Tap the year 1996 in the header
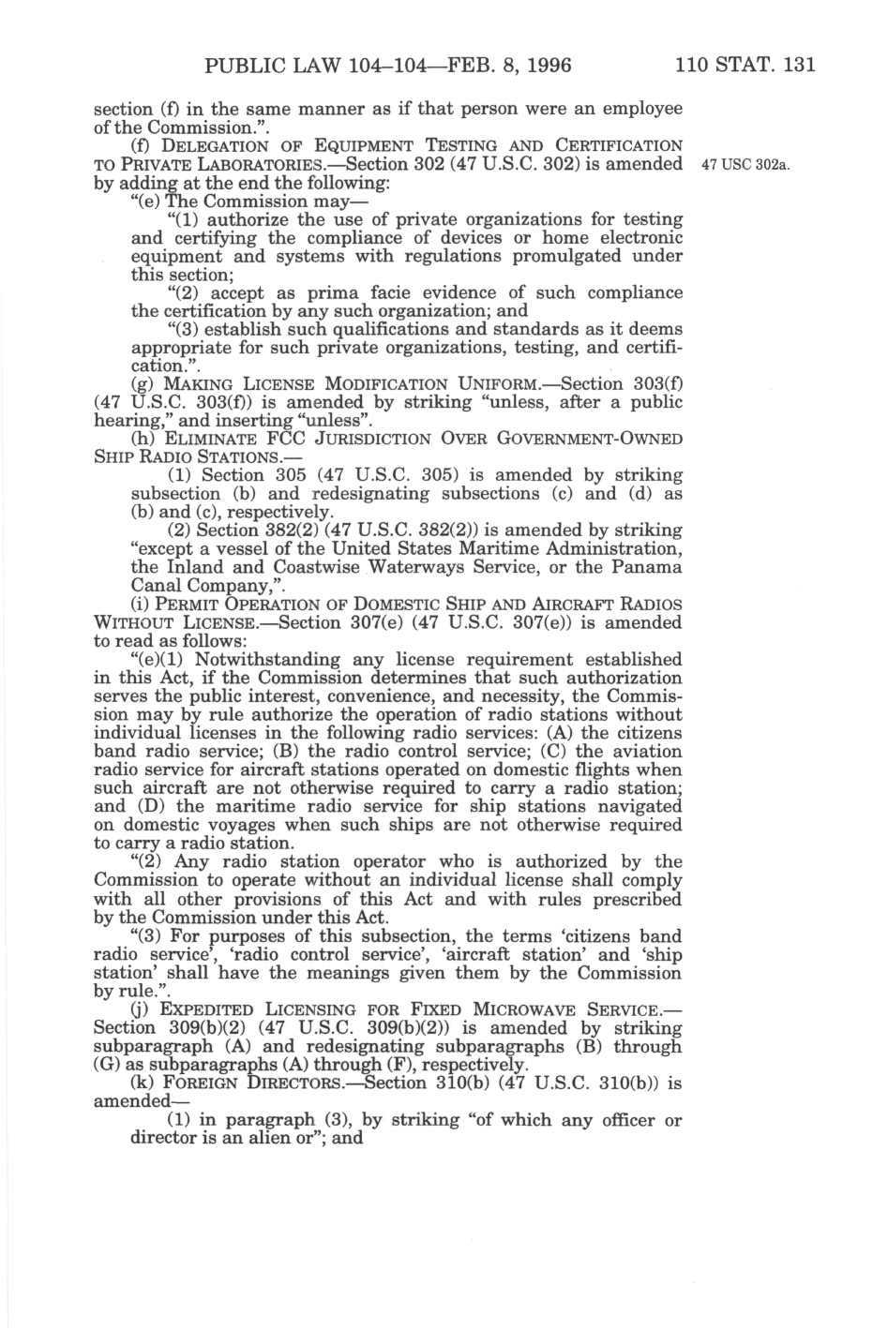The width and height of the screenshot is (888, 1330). tap(538, 66)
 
